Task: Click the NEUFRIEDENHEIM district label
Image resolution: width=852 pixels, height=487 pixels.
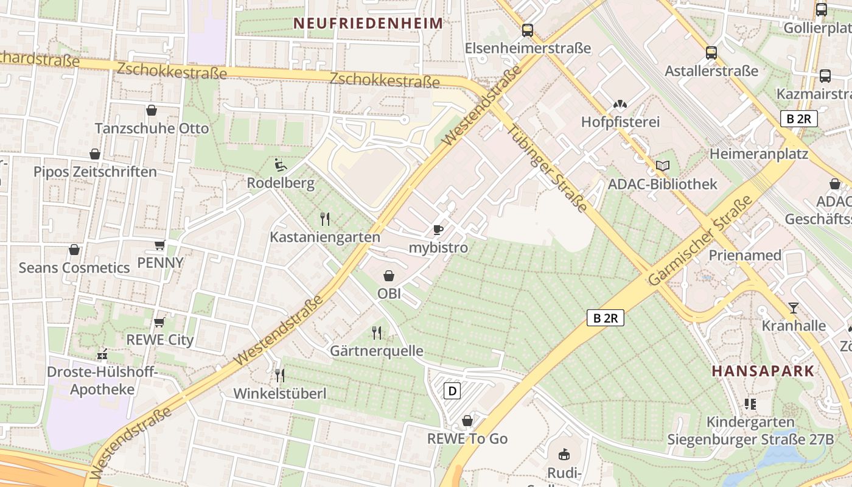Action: [x=368, y=24]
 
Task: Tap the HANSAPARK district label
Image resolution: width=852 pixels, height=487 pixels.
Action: [x=763, y=371]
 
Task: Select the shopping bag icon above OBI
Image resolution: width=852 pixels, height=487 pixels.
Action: [x=389, y=276]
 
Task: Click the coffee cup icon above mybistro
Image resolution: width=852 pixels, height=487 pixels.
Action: [x=438, y=229]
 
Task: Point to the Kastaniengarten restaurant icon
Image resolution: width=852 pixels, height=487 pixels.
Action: [x=325, y=219]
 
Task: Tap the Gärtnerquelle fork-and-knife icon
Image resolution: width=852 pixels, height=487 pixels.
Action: [x=377, y=333]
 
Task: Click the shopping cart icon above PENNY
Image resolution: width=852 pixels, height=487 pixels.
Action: [x=159, y=245]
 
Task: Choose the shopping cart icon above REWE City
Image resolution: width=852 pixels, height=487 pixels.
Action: [x=159, y=322]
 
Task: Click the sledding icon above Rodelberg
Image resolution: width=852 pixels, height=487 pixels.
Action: [x=280, y=165]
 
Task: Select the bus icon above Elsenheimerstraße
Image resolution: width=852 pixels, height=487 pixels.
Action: [x=528, y=30]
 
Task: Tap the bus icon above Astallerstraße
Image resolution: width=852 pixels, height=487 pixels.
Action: [x=711, y=52]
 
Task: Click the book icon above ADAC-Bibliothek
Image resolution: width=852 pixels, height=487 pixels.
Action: [x=663, y=166]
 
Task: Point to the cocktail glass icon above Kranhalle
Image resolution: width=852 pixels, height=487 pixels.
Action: [x=794, y=307]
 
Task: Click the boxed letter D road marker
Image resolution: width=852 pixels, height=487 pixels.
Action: [x=452, y=390]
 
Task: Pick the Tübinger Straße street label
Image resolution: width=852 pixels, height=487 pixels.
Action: [x=547, y=169]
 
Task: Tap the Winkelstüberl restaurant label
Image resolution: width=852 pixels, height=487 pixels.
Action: [x=280, y=394]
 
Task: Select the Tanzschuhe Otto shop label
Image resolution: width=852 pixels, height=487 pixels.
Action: [x=152, y=128]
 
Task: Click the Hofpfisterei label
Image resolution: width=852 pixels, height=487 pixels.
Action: [x=620, y=122]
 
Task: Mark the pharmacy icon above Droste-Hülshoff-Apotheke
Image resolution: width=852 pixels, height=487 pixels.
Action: [x=102, y=354]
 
